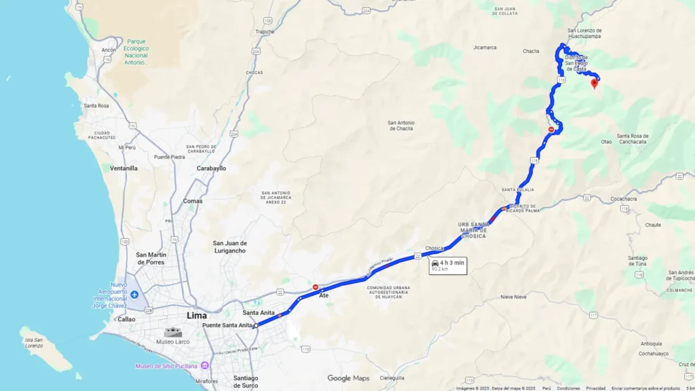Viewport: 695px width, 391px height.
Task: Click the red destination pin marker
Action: click(595, 83)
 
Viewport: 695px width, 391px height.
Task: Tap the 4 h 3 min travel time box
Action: click(448, 265)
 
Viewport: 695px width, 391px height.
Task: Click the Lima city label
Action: click(197, 316)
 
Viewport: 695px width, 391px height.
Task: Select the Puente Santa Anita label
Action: click(227, 326)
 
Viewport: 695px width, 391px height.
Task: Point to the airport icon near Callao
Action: click(134, 295)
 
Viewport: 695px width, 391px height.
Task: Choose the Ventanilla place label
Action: click(124, 168)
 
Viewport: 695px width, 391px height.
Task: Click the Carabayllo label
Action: click(211, 168)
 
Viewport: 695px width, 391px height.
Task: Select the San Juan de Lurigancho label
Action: click(230, 247)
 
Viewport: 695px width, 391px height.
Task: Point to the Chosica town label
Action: click(434, 248)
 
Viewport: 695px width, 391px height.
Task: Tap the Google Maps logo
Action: click(348, 378)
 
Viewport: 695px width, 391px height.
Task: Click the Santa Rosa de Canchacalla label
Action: click(633, 138)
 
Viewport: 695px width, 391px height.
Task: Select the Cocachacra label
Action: click(624, 199)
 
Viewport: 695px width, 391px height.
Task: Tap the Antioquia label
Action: click(650, 343)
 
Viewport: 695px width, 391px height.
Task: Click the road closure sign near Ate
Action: click(315, 287)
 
